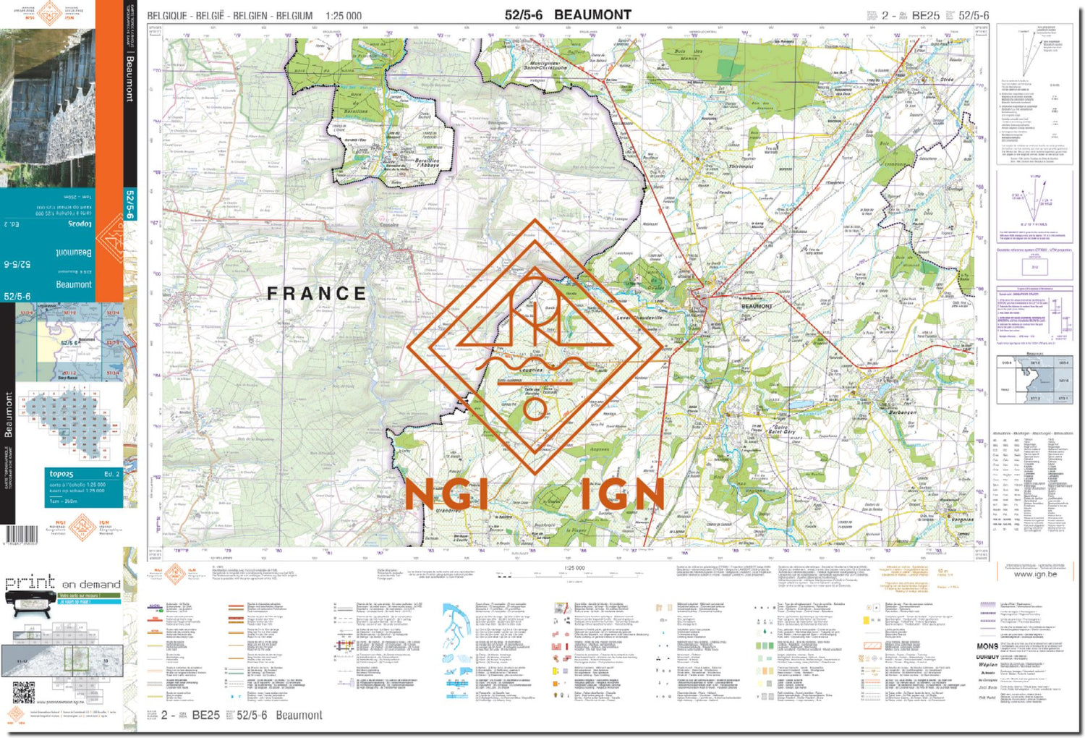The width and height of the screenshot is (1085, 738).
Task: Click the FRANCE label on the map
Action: (317, 294)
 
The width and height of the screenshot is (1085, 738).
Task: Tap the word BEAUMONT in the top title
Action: (592, 14)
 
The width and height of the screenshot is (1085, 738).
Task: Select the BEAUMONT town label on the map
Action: (757, 306)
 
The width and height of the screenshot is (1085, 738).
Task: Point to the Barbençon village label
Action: (903, 412)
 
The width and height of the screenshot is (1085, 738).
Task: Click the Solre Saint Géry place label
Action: (782, 430)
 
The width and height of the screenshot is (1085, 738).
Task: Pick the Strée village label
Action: (946, 80)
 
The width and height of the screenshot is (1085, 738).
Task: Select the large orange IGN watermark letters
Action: (622, 495)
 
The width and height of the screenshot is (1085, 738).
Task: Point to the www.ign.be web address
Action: (1034, 574)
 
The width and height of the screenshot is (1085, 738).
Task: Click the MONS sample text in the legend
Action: (987, 645)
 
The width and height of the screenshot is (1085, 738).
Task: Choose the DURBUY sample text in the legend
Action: (987, 657)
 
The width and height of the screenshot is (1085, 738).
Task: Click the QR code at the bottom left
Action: (23, 692)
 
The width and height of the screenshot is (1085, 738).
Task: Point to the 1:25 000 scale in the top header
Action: (344, 15)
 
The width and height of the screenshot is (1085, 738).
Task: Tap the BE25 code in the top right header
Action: (925, 15)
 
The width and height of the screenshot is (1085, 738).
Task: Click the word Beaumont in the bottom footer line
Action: (299, 715)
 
